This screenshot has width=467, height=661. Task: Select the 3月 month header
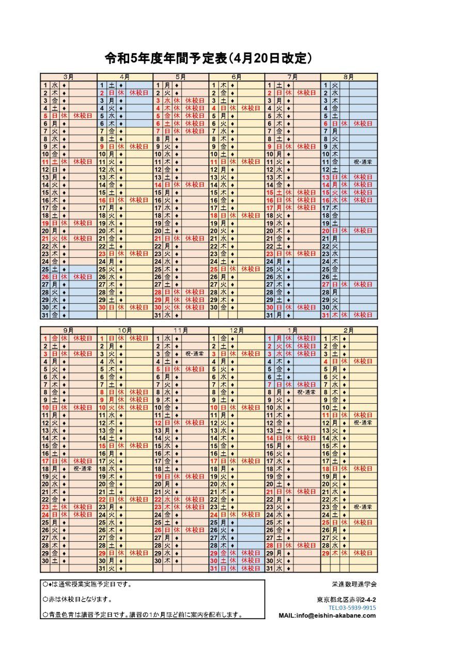69,77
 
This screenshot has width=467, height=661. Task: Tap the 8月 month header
349,77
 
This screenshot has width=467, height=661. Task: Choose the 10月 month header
125,330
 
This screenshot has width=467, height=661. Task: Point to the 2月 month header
349,330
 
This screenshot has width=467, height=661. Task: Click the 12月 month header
237,330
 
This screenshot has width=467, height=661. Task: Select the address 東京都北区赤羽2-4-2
346,600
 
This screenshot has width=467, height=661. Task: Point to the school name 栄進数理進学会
354,585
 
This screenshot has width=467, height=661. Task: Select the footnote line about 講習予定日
143,615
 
